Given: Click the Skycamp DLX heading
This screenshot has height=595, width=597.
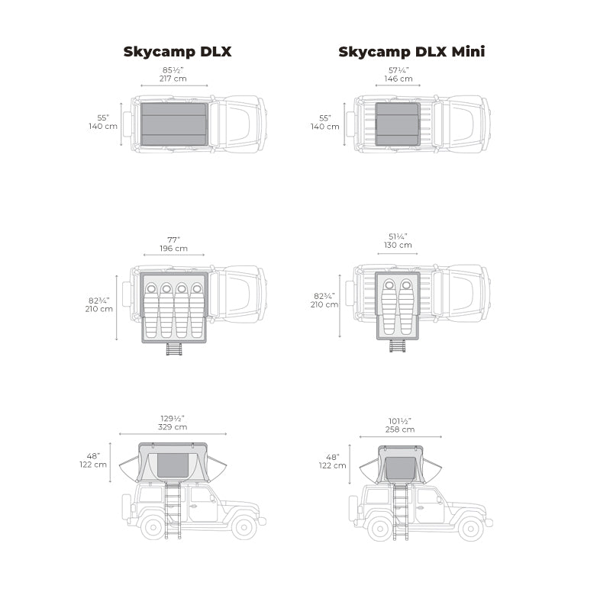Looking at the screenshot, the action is [177, 52].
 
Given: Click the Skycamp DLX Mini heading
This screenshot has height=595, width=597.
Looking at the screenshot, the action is [411, 52].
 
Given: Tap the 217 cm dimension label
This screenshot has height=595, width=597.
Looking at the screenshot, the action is [173, 79].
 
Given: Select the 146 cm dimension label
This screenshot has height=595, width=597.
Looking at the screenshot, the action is [399, 79].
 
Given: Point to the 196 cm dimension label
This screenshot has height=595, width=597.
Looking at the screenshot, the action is [173, 249].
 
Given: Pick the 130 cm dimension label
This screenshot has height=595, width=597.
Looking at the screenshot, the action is [398, 245].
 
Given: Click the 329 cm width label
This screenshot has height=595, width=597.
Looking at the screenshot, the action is [173, 427].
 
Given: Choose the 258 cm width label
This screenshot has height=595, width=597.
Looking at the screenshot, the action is [400, 429].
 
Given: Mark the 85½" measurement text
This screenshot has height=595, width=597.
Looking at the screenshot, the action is [173, 70].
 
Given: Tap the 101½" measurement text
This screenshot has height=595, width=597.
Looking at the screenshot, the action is [400, 421].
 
